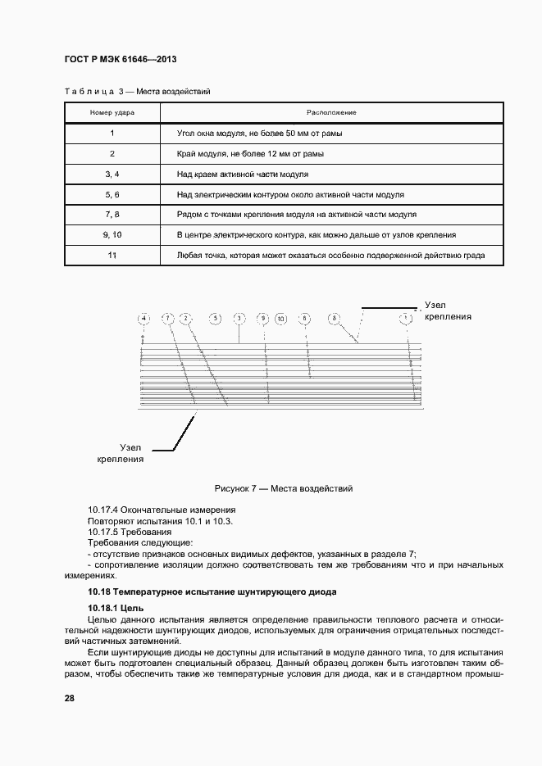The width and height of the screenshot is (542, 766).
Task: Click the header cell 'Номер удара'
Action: pyautogui.click(x=112, y=111)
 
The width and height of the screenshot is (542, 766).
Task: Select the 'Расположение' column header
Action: pyautogui.click(x=330, y=111)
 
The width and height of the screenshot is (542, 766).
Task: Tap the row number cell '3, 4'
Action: pyautogui.click(x=112, y=175)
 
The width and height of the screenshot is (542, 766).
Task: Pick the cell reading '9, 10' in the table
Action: pyautogui.click(x=112, y=235)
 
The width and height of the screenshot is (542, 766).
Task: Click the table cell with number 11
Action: pyautogui.click(x=112, y=256)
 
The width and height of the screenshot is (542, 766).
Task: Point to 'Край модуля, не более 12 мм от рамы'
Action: pyautogui.click(x=249, y=153)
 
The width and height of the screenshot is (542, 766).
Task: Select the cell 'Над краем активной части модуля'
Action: pyautogui.click(x=242, y=175)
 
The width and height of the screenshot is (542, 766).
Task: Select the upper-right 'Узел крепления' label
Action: pyautogui.click(x=449, y=310)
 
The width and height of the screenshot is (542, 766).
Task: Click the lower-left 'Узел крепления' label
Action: pyautogui.click(x=121, y=454)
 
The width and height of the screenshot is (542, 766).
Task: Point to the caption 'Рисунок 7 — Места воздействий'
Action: pyautogui.click(x=283, y=488)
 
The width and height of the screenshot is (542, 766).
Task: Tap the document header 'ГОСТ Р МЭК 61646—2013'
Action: pyautogui.click(x=119, y=61)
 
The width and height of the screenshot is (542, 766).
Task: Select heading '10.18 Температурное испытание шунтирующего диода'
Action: pyautogui.click(x=212, y=591)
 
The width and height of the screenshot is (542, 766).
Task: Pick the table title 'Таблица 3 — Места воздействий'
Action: pyautogui.click(x=136, y=92)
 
